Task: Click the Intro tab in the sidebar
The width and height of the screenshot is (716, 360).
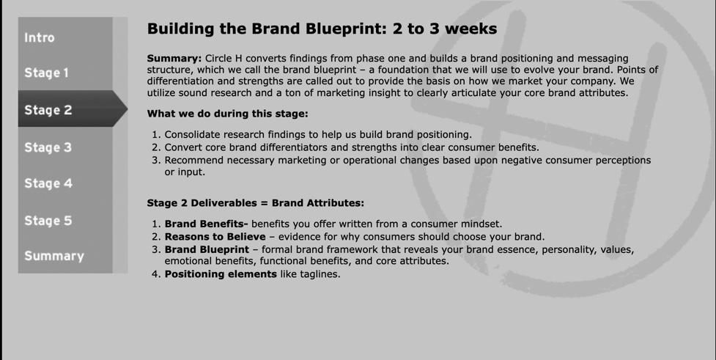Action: pyautogui.click(x=40, y=37)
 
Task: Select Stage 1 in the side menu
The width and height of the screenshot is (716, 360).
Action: pyautogui.click(x=46, y=73)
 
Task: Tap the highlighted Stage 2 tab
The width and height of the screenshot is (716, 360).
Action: pyautogui.click(x=48, y=110)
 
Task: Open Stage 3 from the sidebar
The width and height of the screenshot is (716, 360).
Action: pyautogui.click(x=48, y=147)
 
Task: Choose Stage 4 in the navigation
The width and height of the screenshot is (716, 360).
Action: pyautogui.click(x=48, y=183)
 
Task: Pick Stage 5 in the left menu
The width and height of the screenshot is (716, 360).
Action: pyautogui.click(x=48, y=221)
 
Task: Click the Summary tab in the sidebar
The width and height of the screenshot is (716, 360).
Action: pyautogui.click(x=54, y=256)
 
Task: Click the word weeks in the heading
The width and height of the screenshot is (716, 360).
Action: pyautogui.click(x=470, y=29)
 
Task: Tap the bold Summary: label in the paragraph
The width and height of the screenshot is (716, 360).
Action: pyautogui.click(x=174, y=58)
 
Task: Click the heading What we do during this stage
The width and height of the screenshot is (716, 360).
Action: pyautogui.click(x=227, y=114)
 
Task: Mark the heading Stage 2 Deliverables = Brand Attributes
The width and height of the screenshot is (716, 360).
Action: pyautogui.click(x=255, y=203)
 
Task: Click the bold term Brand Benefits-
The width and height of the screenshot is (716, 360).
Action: pyautogui.click(x=206, y=224)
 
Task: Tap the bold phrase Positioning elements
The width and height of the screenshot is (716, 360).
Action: pyautogui.click(x=221, y=274)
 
